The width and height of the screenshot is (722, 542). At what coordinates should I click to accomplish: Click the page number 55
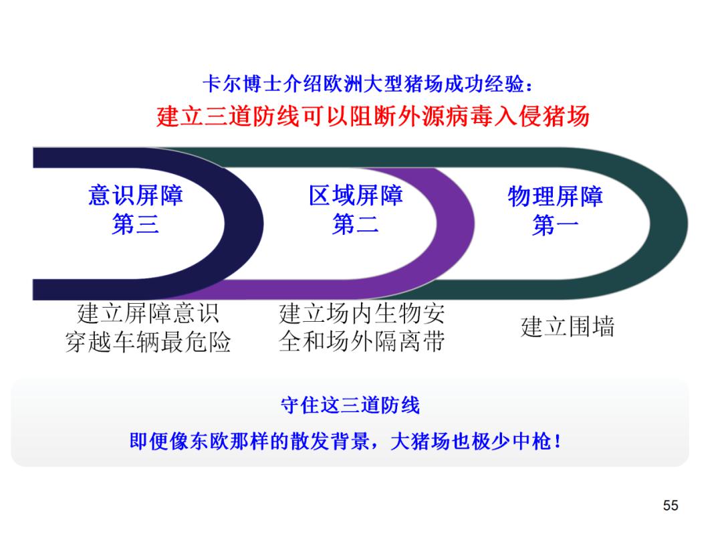click(671, 506)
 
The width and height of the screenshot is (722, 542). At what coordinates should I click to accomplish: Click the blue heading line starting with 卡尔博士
click(368, 84)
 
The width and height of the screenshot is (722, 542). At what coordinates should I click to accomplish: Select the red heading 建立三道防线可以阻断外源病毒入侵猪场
click(372, 116)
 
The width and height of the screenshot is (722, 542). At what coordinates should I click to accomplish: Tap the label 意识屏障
click(135, 195)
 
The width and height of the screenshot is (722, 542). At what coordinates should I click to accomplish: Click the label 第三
click(135, 224)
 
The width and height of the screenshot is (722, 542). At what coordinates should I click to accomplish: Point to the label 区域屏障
click(356, 195)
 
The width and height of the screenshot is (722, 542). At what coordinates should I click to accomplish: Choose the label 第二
click(356, 224)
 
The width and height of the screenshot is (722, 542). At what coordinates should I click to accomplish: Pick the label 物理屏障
click(555, 196)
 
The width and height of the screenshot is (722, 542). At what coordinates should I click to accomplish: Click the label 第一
click(555, 225)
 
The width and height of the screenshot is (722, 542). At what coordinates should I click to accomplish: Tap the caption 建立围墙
click(568, 327)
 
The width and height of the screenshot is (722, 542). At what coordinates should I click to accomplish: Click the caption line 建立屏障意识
click(148, 313)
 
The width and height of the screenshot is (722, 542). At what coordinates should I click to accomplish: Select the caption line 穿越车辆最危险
click(148, 342)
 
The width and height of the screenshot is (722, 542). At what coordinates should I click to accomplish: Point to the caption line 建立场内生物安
click(362, 313)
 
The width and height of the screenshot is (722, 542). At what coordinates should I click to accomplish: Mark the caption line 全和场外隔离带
click(362, 342)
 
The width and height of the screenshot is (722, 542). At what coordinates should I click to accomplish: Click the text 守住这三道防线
click(350, 405)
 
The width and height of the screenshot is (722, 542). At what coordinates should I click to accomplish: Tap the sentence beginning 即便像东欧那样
click(346, 441)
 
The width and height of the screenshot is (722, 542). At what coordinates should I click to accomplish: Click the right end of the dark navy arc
click(263, 224)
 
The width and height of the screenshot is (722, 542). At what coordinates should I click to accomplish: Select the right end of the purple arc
click(474, 224)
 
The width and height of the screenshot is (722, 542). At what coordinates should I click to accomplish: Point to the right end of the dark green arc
click(688, 224)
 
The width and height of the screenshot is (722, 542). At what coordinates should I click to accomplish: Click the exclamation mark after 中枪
click(558, 441)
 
